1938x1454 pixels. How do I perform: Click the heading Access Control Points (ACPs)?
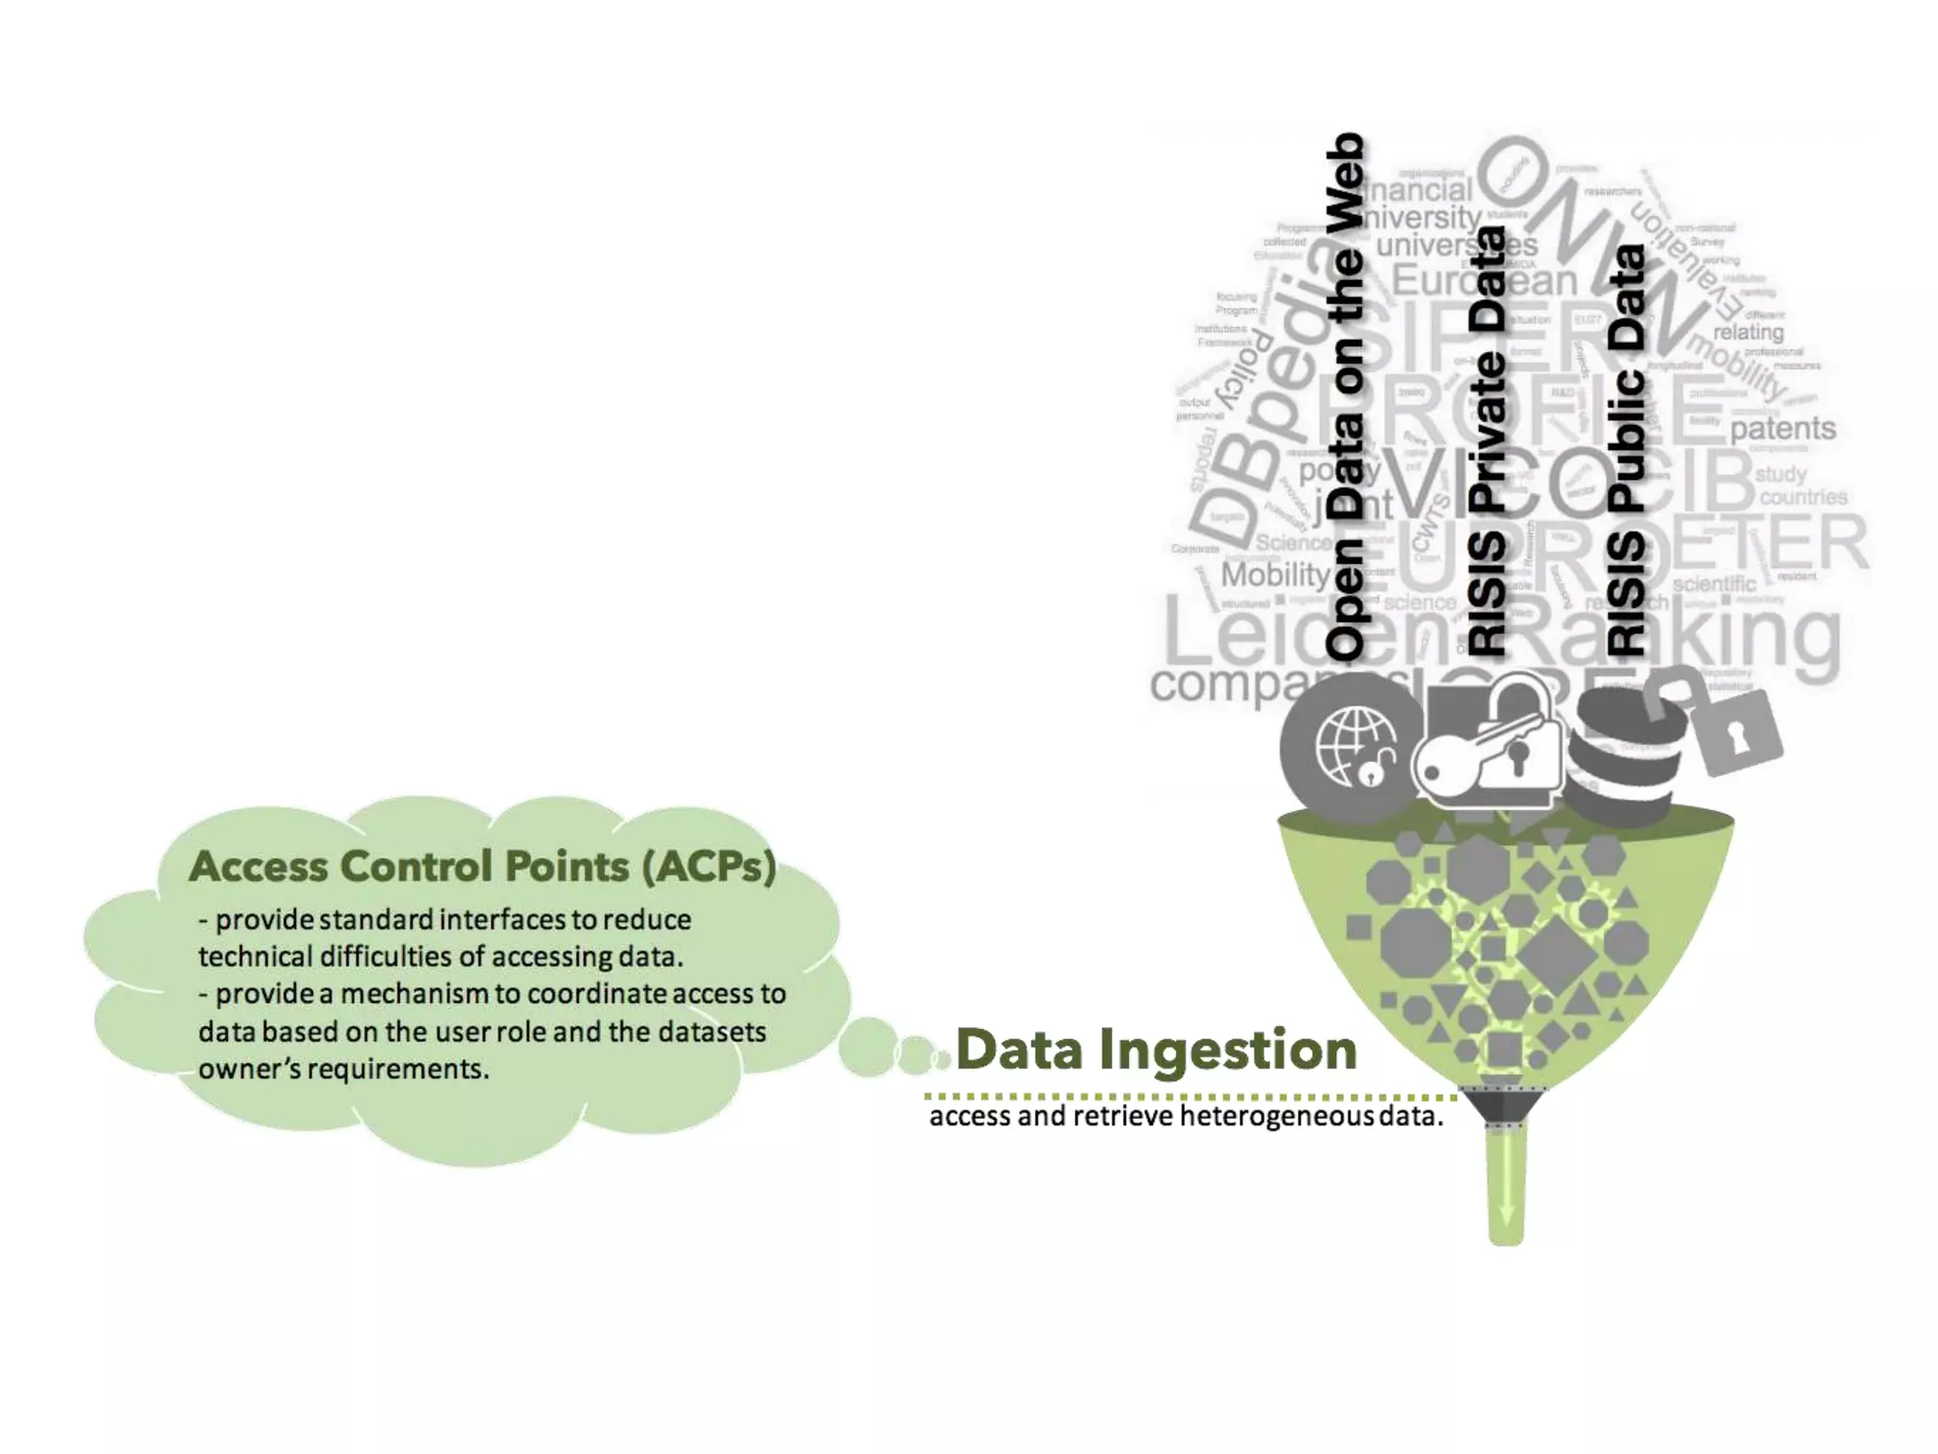pyautogui.click(x=483, y=866)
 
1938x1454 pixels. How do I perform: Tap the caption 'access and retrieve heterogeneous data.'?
pyautogui.click(x=1186, y=1117)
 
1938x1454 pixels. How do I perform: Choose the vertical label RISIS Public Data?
pyautogui.click(x=1627, y=451)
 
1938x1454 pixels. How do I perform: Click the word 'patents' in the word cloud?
pyautogui.click(x=1783, y=429)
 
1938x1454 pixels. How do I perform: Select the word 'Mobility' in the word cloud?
pyautogui.click(x=1276, y=575)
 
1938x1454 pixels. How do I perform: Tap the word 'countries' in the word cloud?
pyautogui.click(x=1803, y=497)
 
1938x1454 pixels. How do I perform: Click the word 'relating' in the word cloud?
pyautogui.click(x=1748, y=332)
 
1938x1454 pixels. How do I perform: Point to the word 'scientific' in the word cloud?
pyautogui.click(x=1714, y=584)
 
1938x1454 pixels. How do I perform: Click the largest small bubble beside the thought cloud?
pyautogui.click(x=867, y=1047)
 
